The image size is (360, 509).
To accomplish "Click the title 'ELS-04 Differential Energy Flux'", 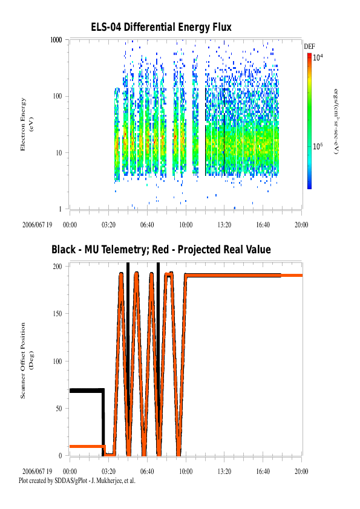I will [x=161, y=28].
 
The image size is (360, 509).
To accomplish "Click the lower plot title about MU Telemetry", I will [x=161, y=250].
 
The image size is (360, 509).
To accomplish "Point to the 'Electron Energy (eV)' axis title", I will [x=26, y=124].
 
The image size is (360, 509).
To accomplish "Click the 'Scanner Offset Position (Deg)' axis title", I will [x=26, y=360].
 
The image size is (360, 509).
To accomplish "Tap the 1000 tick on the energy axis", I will [x=57, y=40].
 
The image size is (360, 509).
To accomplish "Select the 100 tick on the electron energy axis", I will [x=59, y=96].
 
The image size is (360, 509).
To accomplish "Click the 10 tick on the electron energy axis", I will [x=60, y=152].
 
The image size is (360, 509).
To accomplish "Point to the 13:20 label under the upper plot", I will [x=224, y=224].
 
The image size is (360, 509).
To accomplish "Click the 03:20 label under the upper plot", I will [x=108, y=224].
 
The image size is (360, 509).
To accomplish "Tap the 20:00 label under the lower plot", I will [x=301, y=471].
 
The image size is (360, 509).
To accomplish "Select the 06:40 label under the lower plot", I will [x=147, y=471].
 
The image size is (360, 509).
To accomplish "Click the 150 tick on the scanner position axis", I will [x=59, y=314].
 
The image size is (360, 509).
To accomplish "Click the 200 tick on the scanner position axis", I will [x=59, y=267].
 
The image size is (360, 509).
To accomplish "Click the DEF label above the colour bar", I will [x=309, y=47].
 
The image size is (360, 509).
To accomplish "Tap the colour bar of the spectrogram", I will [x=309, y=121].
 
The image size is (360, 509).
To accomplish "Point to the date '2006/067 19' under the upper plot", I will [x=38, y=224].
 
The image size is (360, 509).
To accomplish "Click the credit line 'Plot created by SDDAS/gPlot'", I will [x=77, y=481].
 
